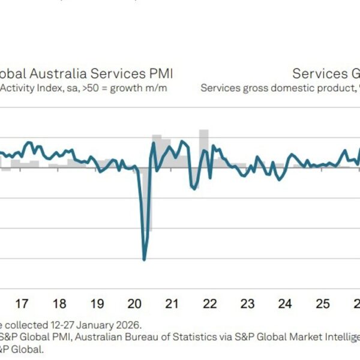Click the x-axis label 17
pos(22,304)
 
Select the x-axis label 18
pos(59,304)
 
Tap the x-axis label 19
pos(97,304)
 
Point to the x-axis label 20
pos(134,304)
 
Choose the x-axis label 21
pos(172,304)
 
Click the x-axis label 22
pos(210,304)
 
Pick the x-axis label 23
pos(248,304)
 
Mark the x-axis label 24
pos(286,304)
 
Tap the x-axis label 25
pos(323,304)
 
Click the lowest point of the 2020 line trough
pos(144,259)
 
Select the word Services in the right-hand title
pos(316,74)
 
